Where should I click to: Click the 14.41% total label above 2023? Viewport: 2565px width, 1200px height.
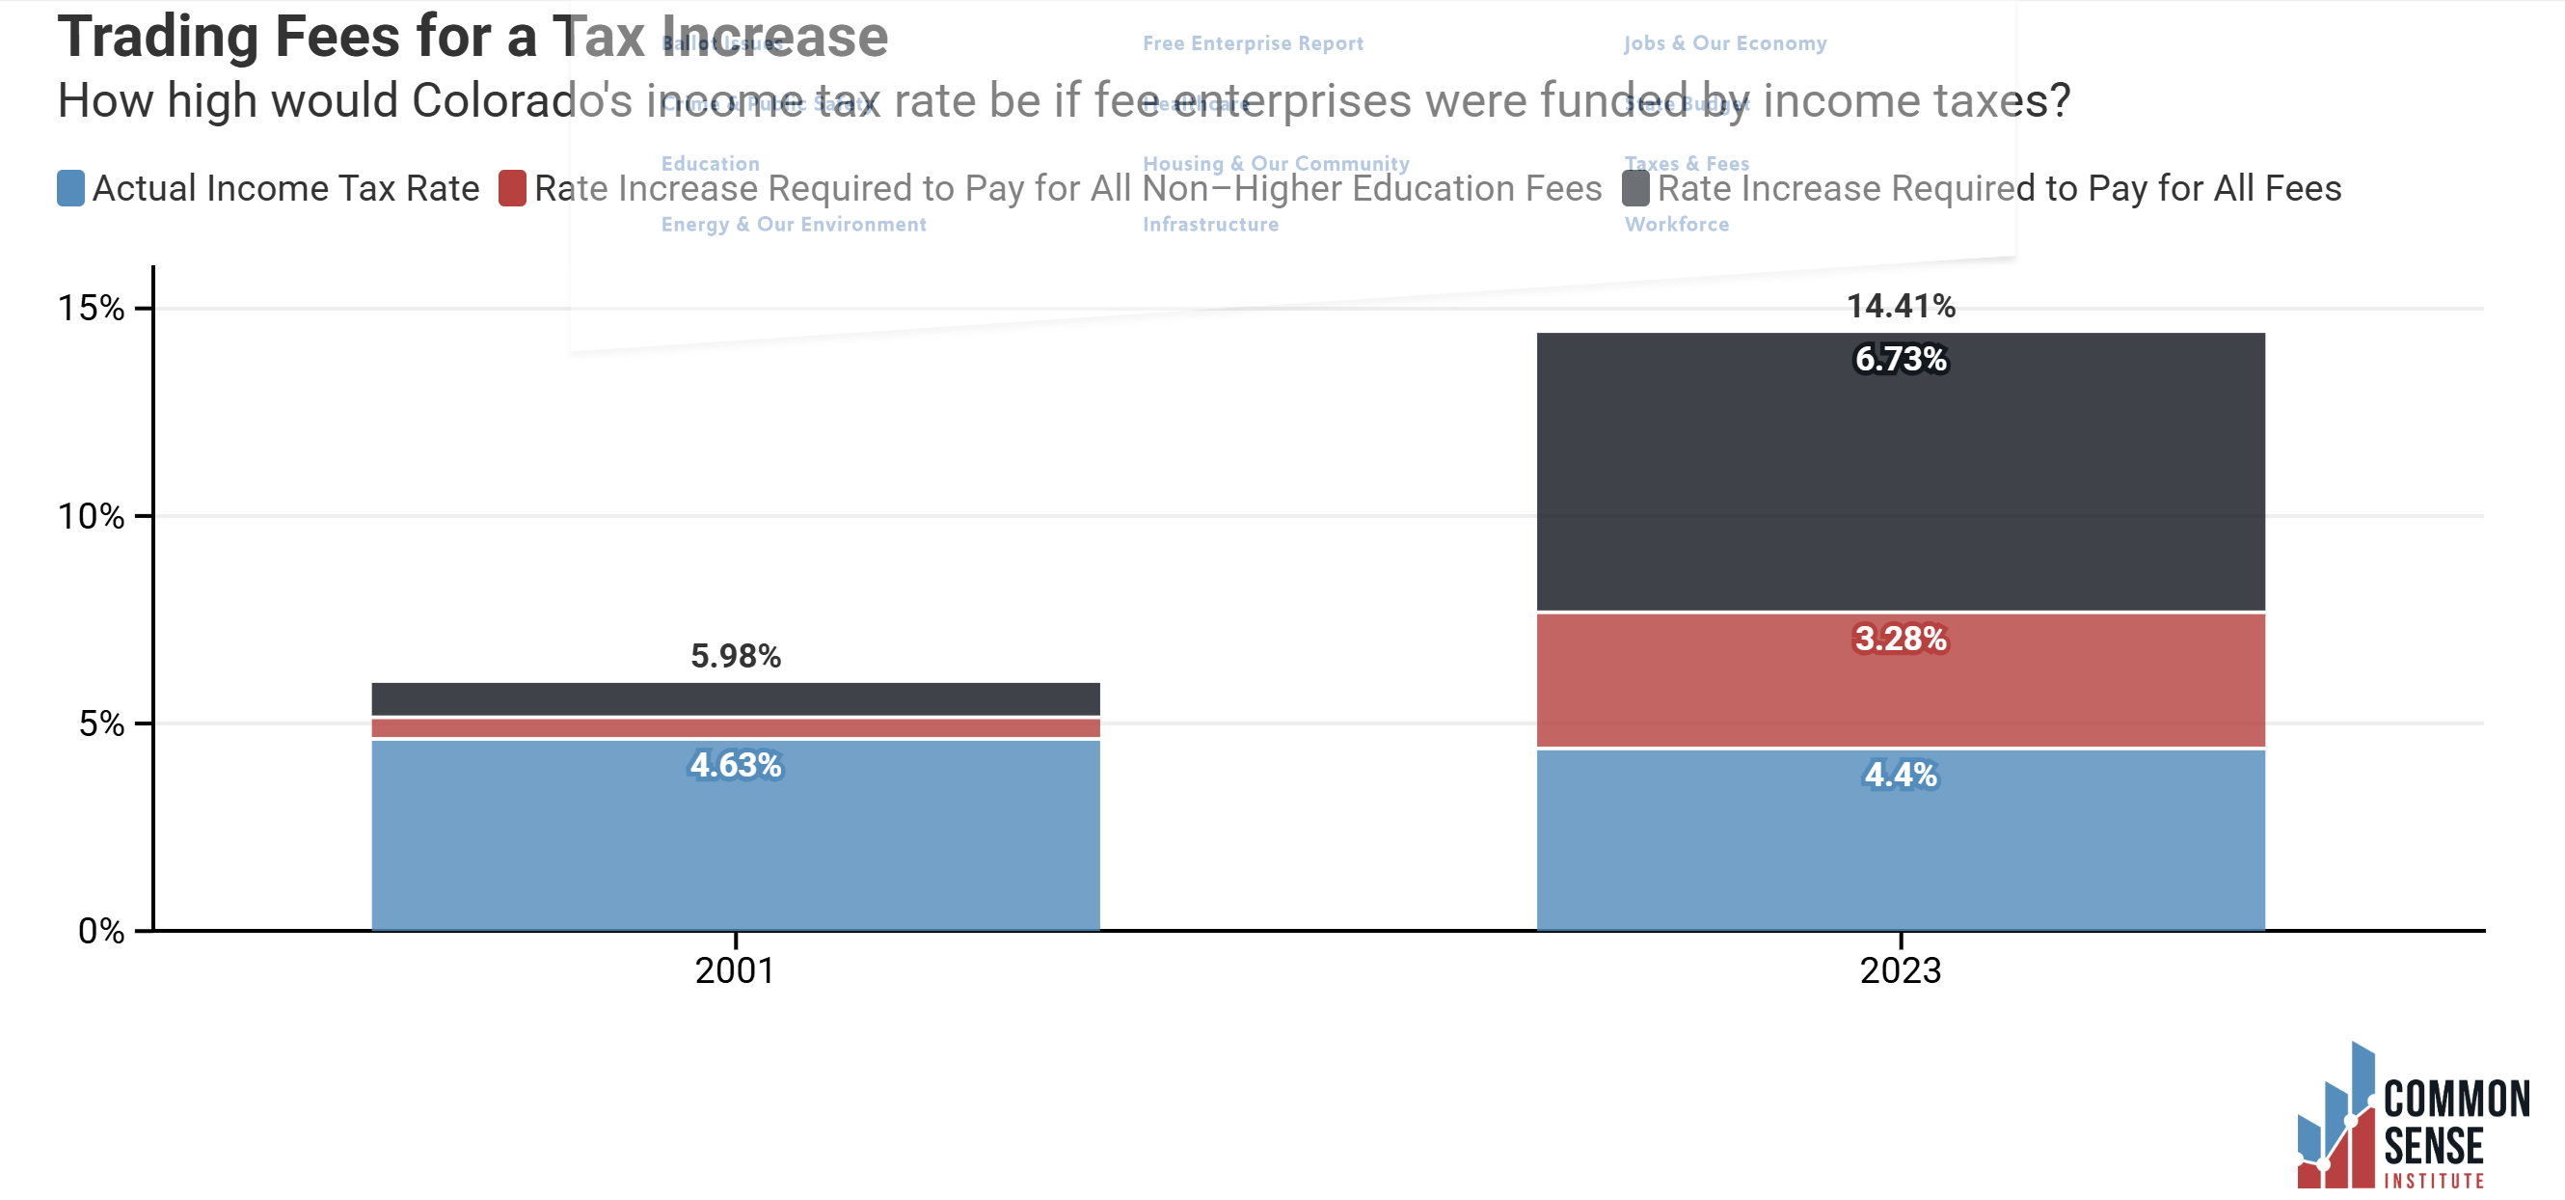(x=1900, y=306)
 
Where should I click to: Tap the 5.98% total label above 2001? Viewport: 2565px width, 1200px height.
(x=736, y=655)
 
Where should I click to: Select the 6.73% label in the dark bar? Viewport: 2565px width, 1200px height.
(x=1900, y=359)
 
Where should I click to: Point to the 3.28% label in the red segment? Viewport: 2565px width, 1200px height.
(x=1900, y=639)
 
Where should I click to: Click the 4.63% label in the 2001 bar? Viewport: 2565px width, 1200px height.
(x=736, y=765)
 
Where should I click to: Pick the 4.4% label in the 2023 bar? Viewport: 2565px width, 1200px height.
(x=1900, y=774)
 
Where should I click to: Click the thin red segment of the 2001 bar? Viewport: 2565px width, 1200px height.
(x=736, y=728)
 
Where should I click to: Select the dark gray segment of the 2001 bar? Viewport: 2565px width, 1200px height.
(x=736, y=698)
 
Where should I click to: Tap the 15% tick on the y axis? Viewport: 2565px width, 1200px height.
(x=91, y=308)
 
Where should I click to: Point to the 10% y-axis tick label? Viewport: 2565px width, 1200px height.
(x=91, y=516)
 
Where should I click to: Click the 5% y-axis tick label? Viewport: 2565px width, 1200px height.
(x=100, y=723)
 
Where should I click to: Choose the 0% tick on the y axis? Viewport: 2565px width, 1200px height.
(x=100, y=931)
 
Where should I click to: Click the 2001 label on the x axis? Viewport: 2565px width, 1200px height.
(x=735, y=970)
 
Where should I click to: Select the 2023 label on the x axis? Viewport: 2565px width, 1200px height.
(x=1900, y=970)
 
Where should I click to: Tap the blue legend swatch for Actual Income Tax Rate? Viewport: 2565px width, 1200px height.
(x=70, y=188)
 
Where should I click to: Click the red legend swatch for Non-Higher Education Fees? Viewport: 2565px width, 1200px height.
(x=512, y=188)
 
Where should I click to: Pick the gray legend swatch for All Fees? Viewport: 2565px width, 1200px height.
(x=1635, y=188)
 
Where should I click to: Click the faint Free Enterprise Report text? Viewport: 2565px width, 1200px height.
(x=1253, y=42)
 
